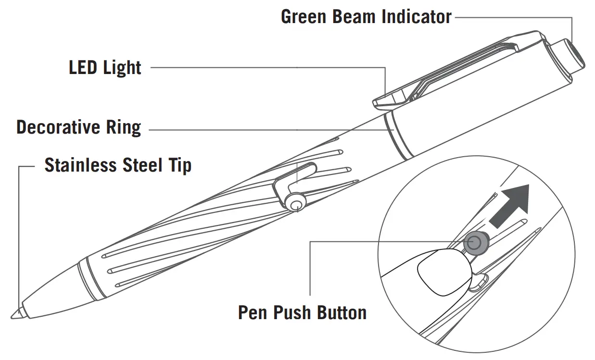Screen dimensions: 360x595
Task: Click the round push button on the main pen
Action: click(295, 203)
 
